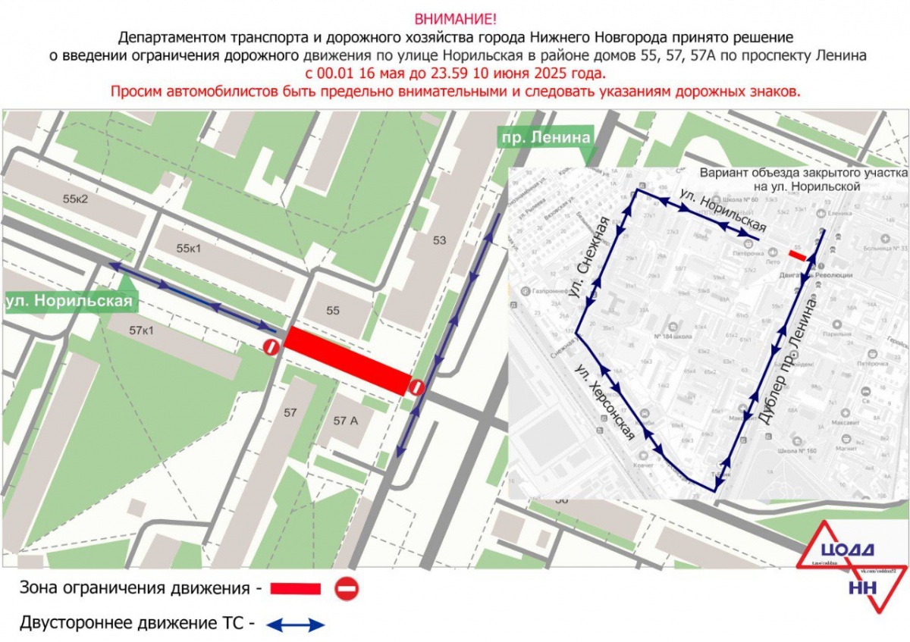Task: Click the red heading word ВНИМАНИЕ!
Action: click(x=455, y=18)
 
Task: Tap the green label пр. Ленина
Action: click(x=543, y=137)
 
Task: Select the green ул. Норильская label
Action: click(x=69, y=302)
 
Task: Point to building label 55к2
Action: click(x=76, y=199)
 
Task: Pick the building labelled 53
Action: click(x=439, y=241)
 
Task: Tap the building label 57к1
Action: click(x=141, y=330)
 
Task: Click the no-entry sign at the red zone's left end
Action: click(x=271, y=347)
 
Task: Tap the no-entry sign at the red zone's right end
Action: click(x=416, y=387)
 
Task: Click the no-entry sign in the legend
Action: click(x=347, y=588)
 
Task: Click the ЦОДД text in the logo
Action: click(x=848, y=550)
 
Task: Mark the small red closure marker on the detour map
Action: click(x=797, y=254)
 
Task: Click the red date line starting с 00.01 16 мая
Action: click(x=455, y=74)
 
